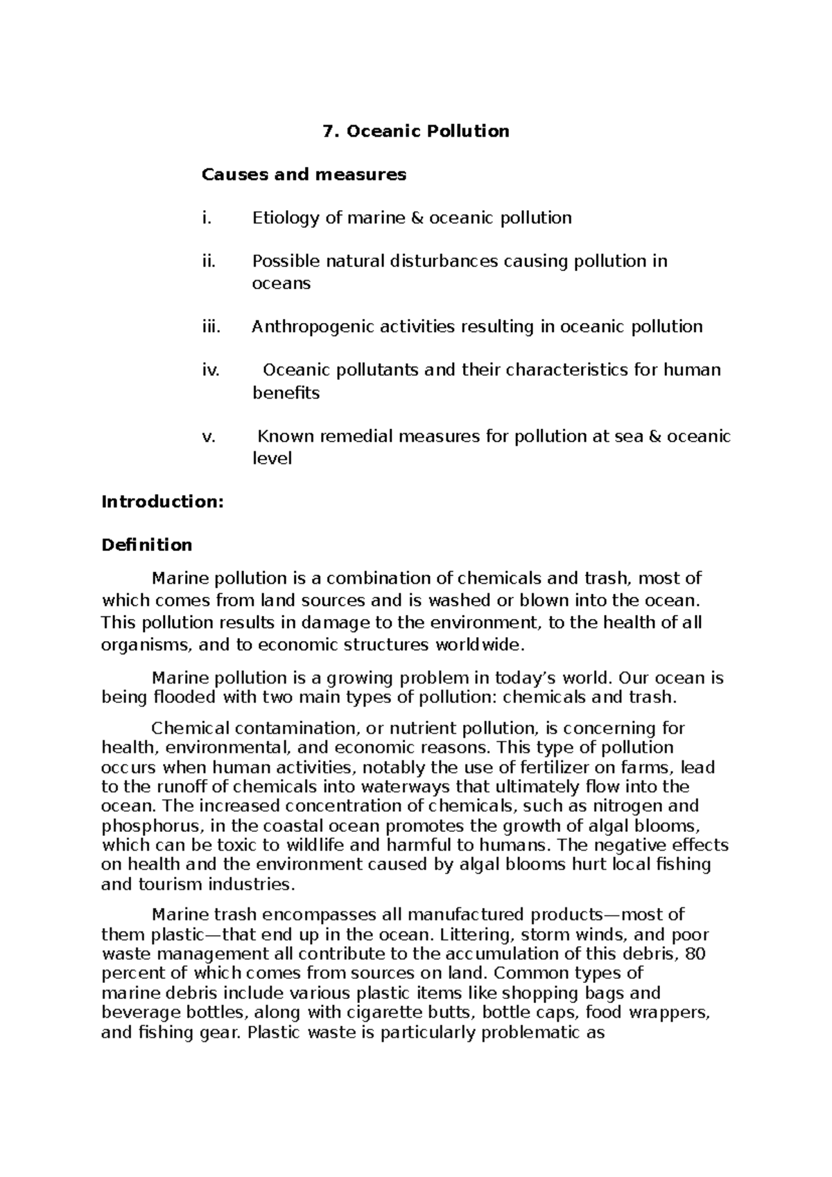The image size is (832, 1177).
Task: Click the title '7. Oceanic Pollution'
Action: pos(416,131)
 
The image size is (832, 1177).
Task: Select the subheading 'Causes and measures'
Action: pos(304,174)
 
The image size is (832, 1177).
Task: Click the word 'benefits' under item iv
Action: pos(285,393)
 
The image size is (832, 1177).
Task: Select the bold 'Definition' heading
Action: pos(146,545)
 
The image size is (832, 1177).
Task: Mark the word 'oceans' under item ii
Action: pos(280,284)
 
